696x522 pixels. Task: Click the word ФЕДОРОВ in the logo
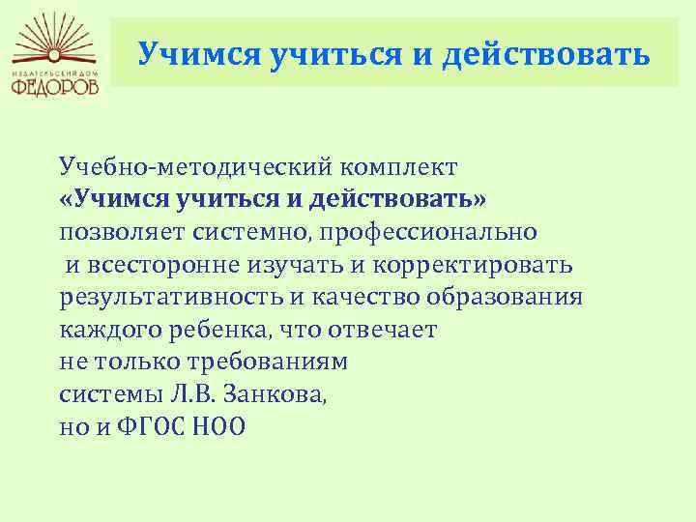pyautogui.click(x=54, y=87)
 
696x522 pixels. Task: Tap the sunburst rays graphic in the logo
pyautogui.click(x=54, y=40)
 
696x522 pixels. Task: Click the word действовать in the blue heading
pyautogui.click(x=545, y=54)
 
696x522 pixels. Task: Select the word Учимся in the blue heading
pyautogui.click(x=199, y=54)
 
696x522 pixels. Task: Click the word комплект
pyautogui.click(x=399, y=168)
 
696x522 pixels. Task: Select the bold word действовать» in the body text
pyautogui.click(x=397, y=199)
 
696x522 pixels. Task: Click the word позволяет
pyautogui.click(x=122, y=233)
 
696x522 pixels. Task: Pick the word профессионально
pyautogui.click(x=428, y=233)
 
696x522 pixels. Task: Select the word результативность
pyautogui.click(x=171, y=299)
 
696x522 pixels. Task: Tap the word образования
pyautogui.click(x=505, y=298)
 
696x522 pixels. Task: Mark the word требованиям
pyautogui.click(x=268, y=362)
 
